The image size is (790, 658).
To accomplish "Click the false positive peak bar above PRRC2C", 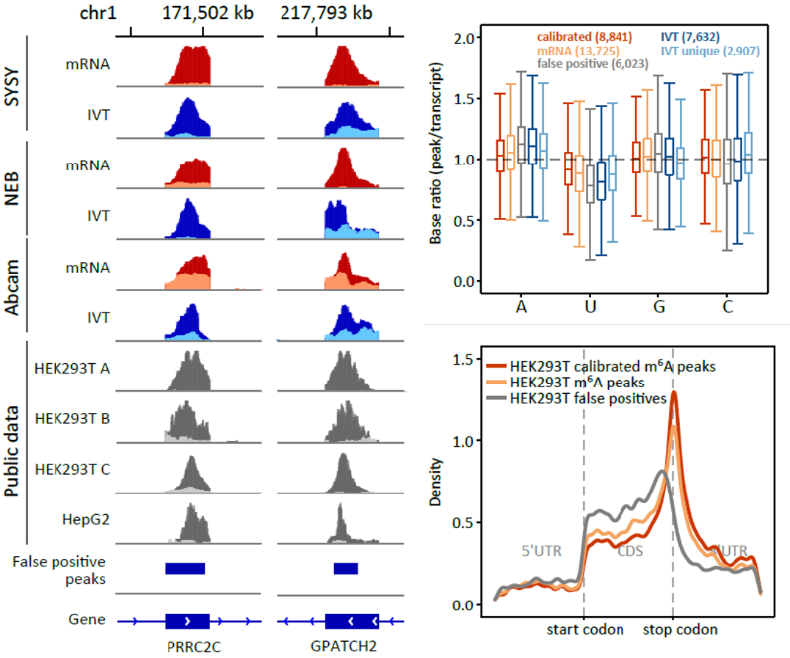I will click(x=184, y=568).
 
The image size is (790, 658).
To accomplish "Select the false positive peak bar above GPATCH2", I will click(x=346, y=568).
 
